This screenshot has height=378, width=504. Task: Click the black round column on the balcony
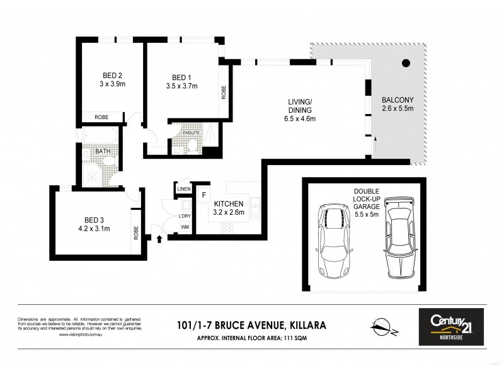pyautogui.click(x=406, y=62)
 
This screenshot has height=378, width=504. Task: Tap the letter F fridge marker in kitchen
pyautogui.click(x=204, y=195)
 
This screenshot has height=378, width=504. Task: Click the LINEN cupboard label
pyautogui.click(x=183, y=189)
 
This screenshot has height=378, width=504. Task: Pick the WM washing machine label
pyautogui.click(x=185, y=226)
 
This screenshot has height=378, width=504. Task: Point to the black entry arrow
pyautogui.click(x=158, y=239)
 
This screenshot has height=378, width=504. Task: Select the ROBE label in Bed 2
pyautogui.click(x=101, y=117)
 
